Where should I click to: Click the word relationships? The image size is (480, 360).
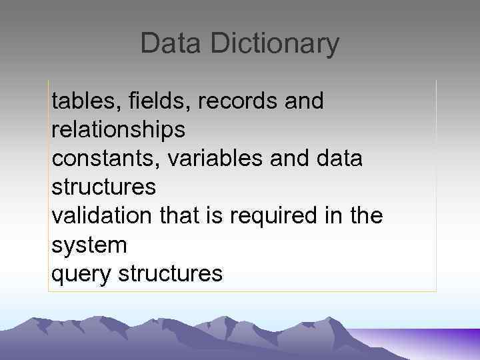[118, 130]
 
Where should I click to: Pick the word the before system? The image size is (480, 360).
[365, 216]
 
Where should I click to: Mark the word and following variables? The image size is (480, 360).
[287, 159]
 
